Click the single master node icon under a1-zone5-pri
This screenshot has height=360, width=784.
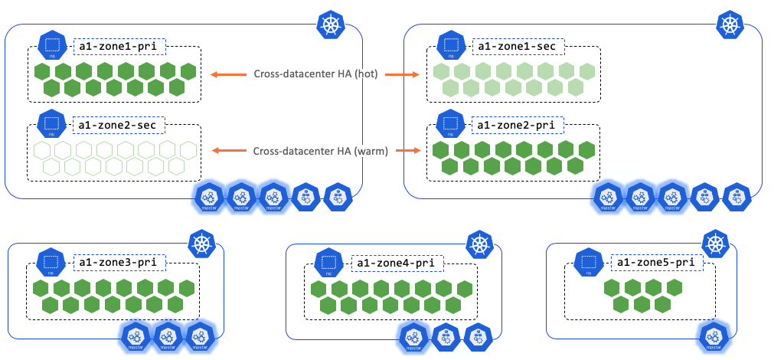(x=714, y=336)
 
